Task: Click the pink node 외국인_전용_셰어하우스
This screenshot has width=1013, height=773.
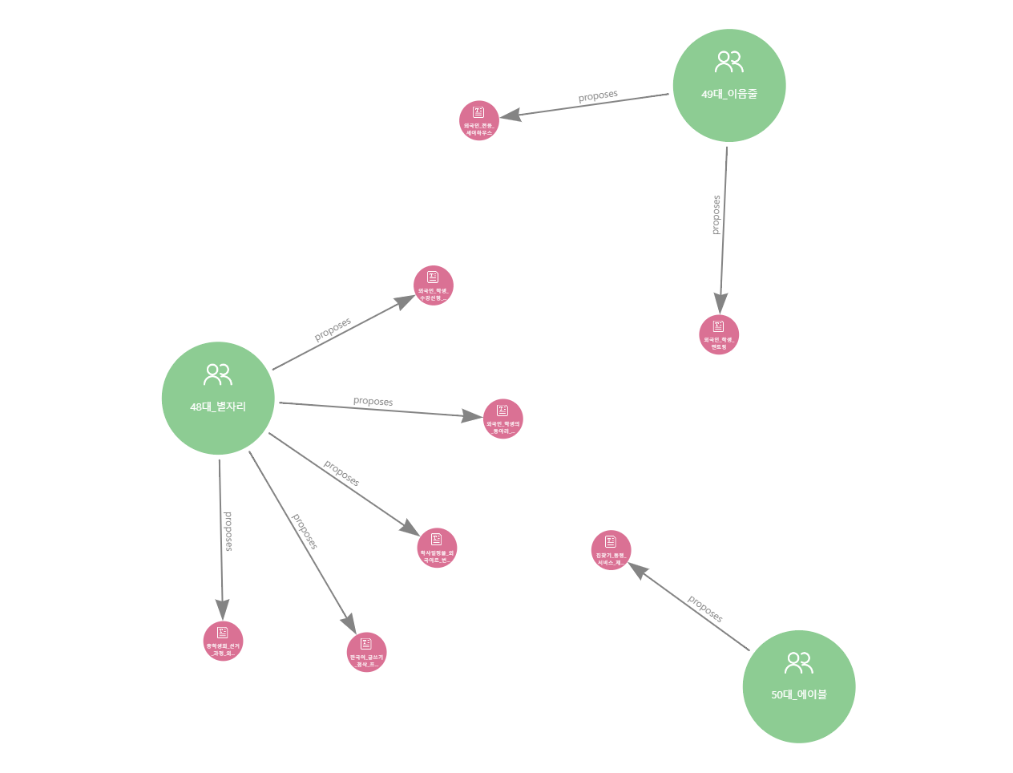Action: point(479,121)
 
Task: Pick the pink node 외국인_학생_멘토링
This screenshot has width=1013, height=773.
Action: point(719,335)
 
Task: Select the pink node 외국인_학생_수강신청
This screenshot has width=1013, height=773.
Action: point(434,286)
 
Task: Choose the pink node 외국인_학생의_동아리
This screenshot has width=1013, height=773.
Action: point(503,419)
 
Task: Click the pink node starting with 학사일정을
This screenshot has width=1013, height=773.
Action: point(437,548)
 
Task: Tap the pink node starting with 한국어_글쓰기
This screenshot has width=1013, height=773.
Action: point(367,653)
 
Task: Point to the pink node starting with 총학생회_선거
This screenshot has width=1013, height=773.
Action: point(223,641)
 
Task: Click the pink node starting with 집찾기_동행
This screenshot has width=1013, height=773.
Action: point(611,551)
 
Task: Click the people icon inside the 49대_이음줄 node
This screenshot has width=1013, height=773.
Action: point(729,62)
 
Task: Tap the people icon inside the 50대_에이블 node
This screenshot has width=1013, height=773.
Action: point(799,663)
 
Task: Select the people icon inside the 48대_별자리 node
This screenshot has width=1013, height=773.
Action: point(218,374)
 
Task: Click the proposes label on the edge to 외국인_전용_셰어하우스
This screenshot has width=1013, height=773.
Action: point(598,96)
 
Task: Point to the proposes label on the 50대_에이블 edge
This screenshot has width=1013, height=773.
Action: point(705,609)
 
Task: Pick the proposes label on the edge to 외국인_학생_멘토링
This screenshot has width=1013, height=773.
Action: point(716,215)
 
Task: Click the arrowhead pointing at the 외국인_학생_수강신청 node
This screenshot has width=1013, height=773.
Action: point(407,301)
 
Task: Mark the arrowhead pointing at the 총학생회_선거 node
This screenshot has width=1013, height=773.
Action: point(222,610)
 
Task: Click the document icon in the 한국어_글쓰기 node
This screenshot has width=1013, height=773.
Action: point(366,643)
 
